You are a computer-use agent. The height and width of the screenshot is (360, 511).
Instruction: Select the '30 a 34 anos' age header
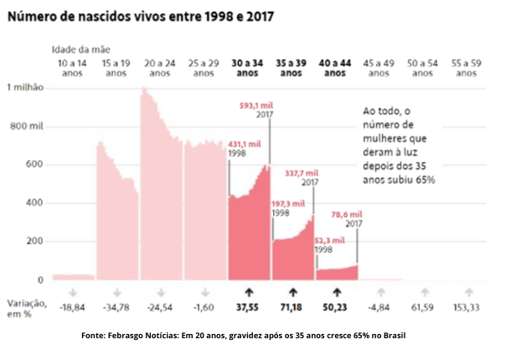point(247,68)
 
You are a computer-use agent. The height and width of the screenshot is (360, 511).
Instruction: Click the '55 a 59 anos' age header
point(466,68)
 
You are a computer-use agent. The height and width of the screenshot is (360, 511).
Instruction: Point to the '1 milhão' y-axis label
point(26,87)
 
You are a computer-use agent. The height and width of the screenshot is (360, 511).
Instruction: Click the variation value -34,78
point(116,308)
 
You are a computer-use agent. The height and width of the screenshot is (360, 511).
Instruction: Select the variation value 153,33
point(467,308)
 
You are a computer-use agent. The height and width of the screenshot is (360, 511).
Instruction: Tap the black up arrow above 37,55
point(249,292)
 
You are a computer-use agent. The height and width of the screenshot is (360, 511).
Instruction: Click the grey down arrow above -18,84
point(73,292)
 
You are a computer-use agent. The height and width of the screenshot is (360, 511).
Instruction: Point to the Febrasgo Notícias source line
point(244,335)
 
